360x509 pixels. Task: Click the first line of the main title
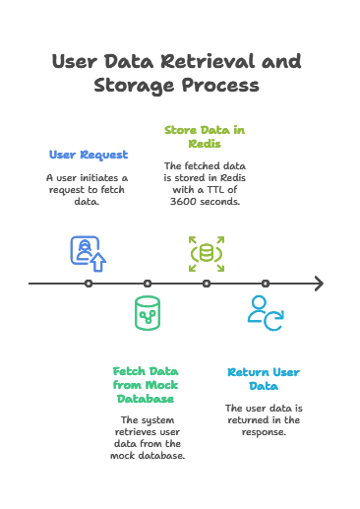179,60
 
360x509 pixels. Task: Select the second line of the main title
179,86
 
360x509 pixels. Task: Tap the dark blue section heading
90,156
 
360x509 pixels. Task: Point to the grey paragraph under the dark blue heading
89,189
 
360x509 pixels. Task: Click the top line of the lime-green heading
204,128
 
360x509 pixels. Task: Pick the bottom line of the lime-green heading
204,141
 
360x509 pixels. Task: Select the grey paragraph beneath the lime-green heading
204,184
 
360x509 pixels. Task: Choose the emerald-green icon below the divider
150,313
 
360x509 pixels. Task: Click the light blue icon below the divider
266,313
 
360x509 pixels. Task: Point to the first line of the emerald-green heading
149,372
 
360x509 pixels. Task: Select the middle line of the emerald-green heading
149,385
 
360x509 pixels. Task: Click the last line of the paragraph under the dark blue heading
89,203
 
